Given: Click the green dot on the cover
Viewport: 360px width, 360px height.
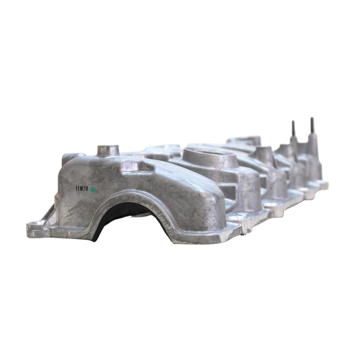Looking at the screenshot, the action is [93, 189].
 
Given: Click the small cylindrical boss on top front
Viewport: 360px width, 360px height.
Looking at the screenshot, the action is [108, 151].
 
